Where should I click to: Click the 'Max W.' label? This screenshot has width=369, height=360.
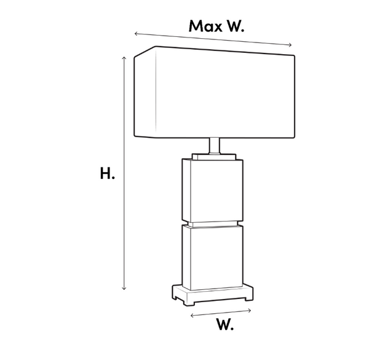pyautogui.click(x=216, y=26)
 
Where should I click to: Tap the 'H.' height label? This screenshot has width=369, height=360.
pyautogui.click(x=107, y=174)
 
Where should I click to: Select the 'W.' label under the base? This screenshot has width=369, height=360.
pyautogui.click(x=225, y=324)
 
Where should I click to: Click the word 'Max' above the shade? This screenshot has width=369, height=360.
pyautogui.click(x=205, y=26)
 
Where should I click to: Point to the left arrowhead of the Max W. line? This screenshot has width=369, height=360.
pyautogui.click(x=136, y=34)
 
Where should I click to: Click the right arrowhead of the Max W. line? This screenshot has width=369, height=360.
pyautogui.click(x=290, y=45)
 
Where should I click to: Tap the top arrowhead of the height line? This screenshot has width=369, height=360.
pyautogui.click(x=124, y=58)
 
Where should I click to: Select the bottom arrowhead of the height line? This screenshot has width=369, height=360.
pyautogui.click(x=124, y=288)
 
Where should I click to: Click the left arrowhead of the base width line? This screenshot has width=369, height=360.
pyautogui.click(x=192, y=315)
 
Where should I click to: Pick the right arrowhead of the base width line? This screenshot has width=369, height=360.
pyautogui.click(x=250, y=311)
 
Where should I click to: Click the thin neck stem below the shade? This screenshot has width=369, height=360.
pyautogui.click(x=215, y=146)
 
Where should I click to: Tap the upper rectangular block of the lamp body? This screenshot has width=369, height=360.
pyautogui.click(x=213, y=191)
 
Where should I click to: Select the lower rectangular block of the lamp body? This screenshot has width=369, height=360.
pyautogui.click(x=213, y=257)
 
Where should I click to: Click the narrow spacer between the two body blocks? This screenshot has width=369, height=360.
pyautogui.click(x=213, y=224)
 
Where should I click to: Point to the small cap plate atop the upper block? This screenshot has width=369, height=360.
pyautogui.click(x=214, y=157)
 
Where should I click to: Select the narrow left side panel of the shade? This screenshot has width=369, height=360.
pyautogui.click(x=145, y=92)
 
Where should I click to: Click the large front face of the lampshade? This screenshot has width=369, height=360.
pyautogui.click(x=225, y=94)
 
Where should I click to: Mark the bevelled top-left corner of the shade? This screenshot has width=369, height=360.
pyautogui.click(x=145, y=51)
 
